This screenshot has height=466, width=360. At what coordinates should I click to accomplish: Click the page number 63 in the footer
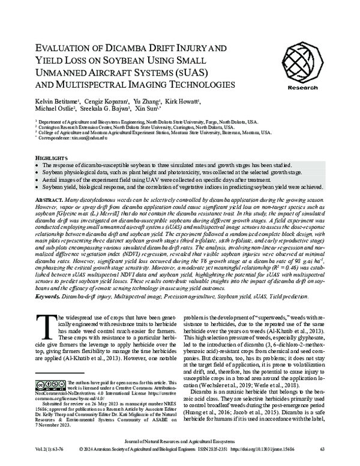coord(322,449)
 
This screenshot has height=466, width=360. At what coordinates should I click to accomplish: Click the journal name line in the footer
coord(179,440)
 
